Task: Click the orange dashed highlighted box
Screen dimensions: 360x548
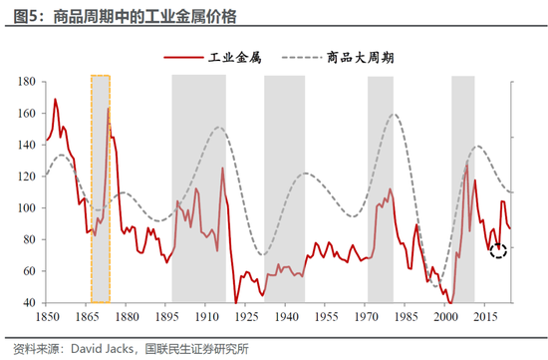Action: point(101,187)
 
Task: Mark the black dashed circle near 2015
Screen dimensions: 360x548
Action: point(498,250)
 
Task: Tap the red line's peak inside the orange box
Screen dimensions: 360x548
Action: point(108,109)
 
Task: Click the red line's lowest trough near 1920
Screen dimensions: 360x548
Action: point(236,302)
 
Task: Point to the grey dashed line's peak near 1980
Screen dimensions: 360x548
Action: point(395,115)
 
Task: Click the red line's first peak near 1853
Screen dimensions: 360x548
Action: point(55,99)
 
